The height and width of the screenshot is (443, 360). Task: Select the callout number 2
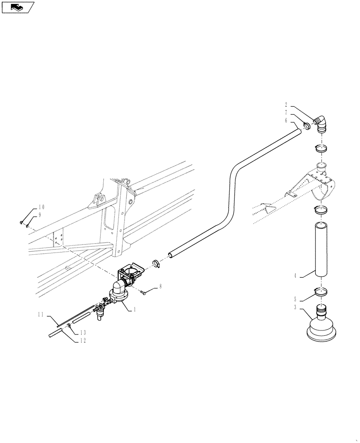pyautogui.click(x=286, y=105)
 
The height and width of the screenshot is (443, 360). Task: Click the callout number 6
pyautogui.click(x=286, y=120)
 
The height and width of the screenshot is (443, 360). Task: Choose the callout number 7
pyautogui.click(x=286, y=113)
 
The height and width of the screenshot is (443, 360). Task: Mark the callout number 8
pyautogui.click(x=160, y=287)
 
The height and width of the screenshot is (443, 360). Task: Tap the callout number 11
pyautogui.click(x=40, y=315)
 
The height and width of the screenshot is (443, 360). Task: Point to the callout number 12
pyautogui.click(x=82, y=340)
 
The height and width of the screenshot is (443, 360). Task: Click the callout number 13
pyautogui.click(x=82, y=333)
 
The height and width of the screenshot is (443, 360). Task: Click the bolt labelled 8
pyautogui.click(x=145, y=292)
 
